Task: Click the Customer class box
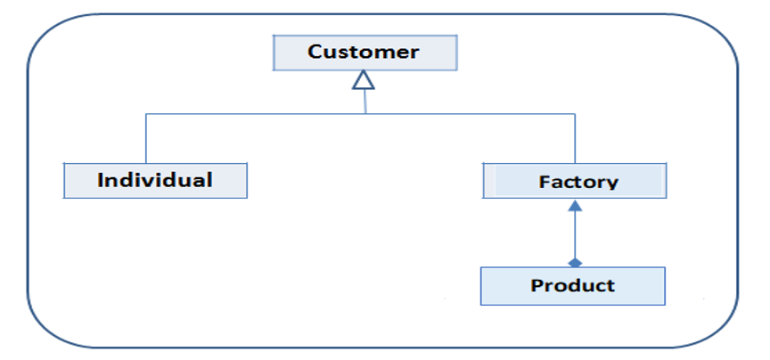365,53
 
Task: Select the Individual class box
155,180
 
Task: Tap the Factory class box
575,181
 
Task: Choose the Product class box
572,286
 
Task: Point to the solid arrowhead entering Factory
575,206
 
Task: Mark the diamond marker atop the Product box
575,262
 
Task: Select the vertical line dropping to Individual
145,138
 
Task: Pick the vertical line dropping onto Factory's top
575,138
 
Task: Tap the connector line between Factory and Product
575,233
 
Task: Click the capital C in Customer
315,52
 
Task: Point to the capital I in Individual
101,179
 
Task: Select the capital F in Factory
543,182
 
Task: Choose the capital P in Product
536,286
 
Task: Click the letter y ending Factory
612,184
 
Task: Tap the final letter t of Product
610,286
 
